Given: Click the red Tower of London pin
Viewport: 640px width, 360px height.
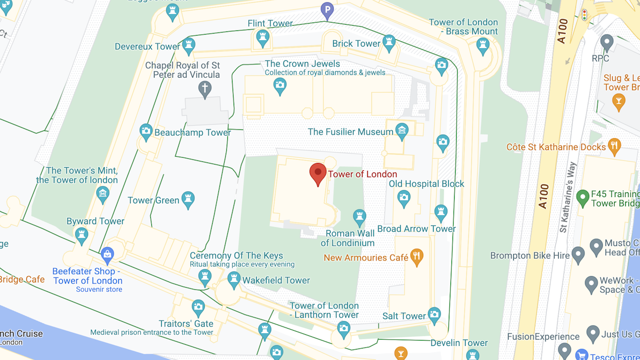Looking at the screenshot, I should tap(318, 173).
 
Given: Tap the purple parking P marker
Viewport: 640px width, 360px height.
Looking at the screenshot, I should tap(327, 10).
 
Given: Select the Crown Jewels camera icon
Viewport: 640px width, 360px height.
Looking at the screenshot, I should tap(280, 85).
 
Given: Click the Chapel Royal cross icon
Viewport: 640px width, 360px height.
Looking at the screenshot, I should tap(205, 89).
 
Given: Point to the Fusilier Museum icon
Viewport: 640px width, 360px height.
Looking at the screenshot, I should tap(402, 132).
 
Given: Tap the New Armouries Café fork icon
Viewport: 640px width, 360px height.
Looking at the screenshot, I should tap(417, 257).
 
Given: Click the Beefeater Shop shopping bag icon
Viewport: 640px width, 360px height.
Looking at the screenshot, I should tap(107, 255).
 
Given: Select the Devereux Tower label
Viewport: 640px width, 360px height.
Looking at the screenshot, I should tap(148, 47).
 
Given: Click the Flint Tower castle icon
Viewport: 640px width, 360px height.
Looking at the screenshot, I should tap(262, 38).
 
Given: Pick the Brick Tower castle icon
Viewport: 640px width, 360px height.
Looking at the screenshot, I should tap(389, 43).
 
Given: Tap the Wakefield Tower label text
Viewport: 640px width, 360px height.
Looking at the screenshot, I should tap(276, 280).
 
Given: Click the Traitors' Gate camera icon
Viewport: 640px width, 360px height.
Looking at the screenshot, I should tap(198, 308).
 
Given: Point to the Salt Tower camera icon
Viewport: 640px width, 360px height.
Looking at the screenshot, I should tap(434, 314).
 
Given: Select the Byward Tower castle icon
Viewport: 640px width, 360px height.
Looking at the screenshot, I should tap(81, 235).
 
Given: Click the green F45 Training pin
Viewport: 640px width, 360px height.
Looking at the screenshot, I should tap(582, 198).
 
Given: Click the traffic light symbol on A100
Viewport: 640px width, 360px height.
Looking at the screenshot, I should tap(584, 15).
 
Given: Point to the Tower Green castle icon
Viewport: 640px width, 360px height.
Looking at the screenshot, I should tap(188, 199).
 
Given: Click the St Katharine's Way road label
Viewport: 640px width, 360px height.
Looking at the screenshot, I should tap(568, 197).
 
